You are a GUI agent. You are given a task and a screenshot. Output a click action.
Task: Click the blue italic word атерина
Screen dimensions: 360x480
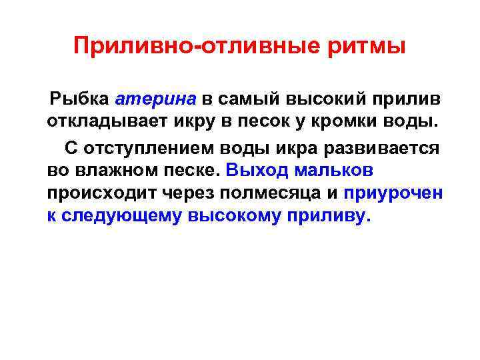156,99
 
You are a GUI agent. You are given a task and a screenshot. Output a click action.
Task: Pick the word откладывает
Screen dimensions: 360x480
96,123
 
